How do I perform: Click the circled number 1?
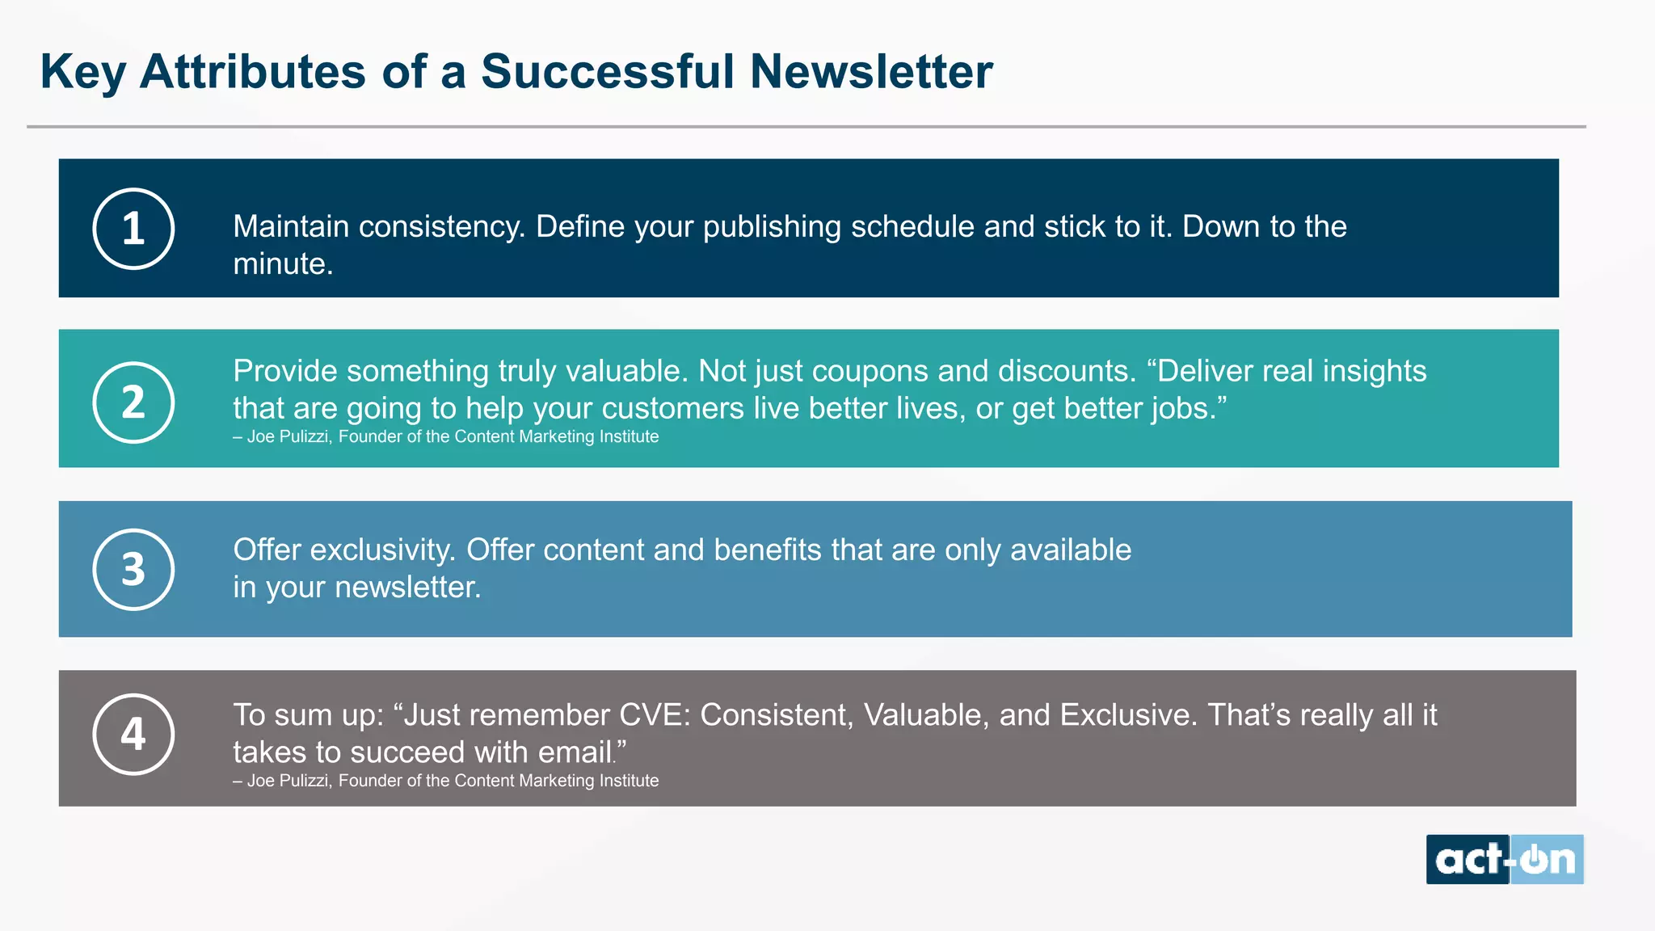133,229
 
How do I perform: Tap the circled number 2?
133,402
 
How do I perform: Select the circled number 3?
133,569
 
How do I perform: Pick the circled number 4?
133,734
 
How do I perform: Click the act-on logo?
1504,859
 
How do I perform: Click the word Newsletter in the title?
870,71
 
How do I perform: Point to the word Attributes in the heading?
253,71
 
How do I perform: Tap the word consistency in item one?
441,227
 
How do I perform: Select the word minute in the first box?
281,264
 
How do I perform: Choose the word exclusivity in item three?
383,550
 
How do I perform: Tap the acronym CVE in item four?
654,715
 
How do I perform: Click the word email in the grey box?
575,752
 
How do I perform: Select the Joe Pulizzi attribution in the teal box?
445,436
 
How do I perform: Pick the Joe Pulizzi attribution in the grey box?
445,781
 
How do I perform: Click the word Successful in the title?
607,71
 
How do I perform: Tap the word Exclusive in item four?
1128,715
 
